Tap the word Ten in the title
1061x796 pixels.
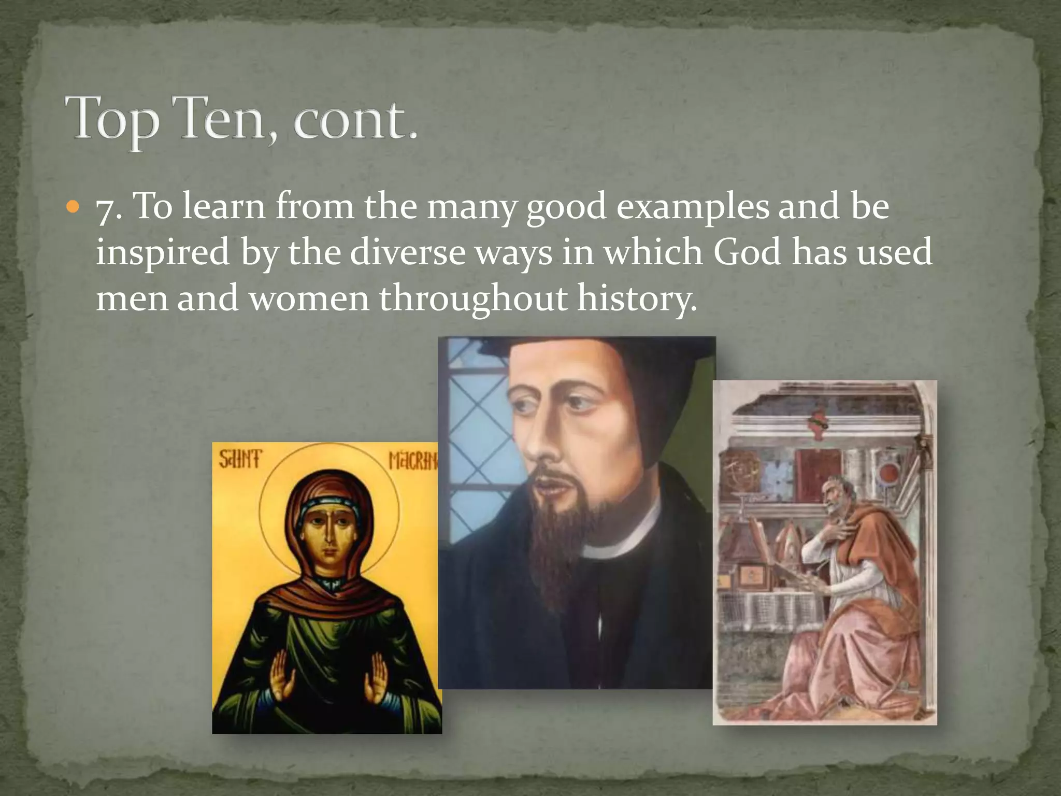point(225,119)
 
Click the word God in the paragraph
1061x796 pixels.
point(747,252)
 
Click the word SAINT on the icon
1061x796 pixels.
point(240,460)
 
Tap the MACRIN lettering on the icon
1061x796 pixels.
point(413,460)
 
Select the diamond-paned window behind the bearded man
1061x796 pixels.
point(469,440)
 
